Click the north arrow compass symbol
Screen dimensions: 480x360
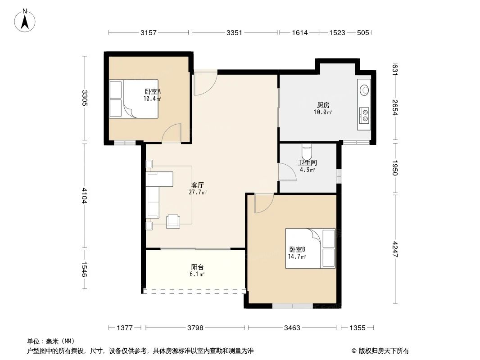pyautogui.click(x=25, y=21)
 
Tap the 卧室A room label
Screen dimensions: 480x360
pyautogui.click(x=153, y=91)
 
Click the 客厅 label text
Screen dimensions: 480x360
pyautogui.click(x=198, y=185)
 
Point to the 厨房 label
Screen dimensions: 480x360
pyautogui.click(x=323, y=105)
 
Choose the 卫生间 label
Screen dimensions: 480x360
pyautogui.click(x=308, y=163)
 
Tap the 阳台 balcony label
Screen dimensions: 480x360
pyautogui.click(x=198, y=267)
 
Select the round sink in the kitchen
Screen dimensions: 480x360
pyautogui.click(x=364, y=90)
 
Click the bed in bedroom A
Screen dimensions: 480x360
pyautogui.click(x=134, y=99)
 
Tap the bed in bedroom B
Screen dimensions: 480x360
pyautogui.click(x=310, y=248)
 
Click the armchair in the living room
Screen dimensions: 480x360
pyautogui.click(x=173, y=221)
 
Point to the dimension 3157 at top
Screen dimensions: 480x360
pyautogui.click(x=149, y=32)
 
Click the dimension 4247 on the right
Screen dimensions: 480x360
pyautogui.click(x=395, y=249)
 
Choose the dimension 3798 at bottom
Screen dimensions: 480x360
pyautogui.click(x=195, y=328)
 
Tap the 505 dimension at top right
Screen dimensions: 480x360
pyautogui.click(x=363, y=32)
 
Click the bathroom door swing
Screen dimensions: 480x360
pyautogui.click(x=288, y=172)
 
